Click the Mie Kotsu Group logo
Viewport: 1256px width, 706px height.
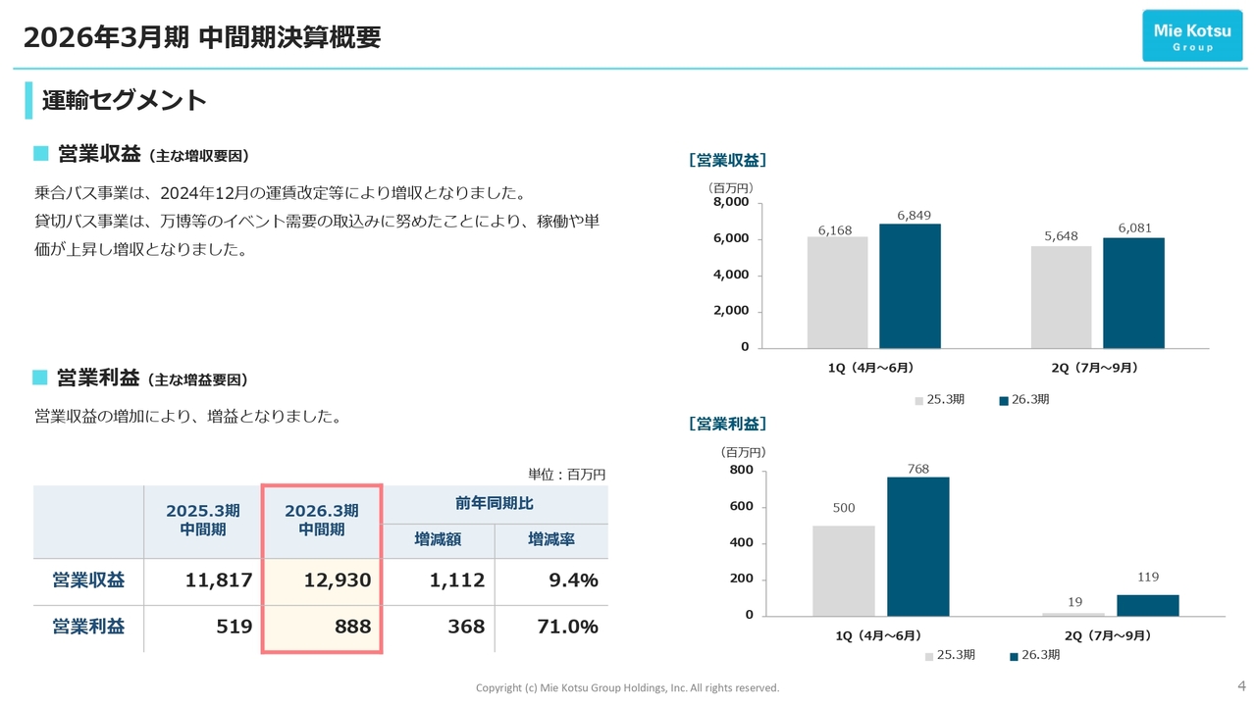tap(1192, 36)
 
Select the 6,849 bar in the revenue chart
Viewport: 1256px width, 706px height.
tap(910, 285)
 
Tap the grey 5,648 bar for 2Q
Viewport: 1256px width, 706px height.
tap(1061, 296)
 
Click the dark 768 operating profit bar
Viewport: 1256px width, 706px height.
tap(917, 546)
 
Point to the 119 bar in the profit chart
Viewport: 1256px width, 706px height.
tap(1147, 605)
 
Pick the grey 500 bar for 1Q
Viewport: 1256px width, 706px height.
tap(843, 571)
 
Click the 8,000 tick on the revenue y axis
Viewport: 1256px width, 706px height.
tap(730, 202)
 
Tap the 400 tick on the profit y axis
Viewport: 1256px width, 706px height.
tap(742, 543)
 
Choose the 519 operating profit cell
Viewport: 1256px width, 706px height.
tap(235, 627)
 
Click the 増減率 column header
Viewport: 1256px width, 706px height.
tap(550, 539)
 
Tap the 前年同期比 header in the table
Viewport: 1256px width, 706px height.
tap(495, 504)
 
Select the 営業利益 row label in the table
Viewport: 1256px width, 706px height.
tap(88, 627)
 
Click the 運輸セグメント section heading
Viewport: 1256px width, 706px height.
tap(124, 100)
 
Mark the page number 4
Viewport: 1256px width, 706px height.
tap(1241, 684)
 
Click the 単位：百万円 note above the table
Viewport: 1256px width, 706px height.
tap(566, 475)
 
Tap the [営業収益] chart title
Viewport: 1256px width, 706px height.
tap(727, 160)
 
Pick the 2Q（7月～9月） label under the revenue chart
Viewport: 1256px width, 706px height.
tap(1095, 368)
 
